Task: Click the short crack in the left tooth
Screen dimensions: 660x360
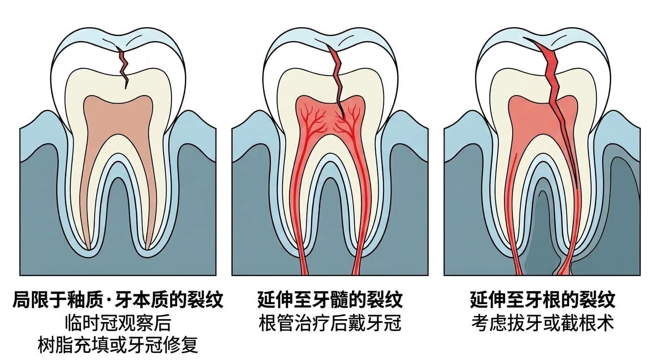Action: click(124, 68)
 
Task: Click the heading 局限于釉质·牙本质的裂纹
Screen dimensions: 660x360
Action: click(118, 300)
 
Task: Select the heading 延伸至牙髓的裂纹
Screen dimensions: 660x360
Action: click(330, 300)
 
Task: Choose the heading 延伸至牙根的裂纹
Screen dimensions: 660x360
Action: click(542, 300)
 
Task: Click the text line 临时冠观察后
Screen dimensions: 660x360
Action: click(118, 323)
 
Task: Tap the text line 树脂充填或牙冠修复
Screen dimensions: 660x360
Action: click(118, 345)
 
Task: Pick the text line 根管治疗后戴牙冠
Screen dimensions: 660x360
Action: click(330, 323)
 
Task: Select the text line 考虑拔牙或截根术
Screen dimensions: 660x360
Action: click(542, 323)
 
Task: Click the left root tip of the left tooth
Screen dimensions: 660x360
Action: click(89, 249)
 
